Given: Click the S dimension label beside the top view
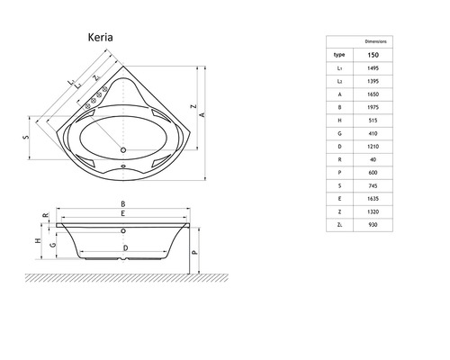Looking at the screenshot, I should pos(26,137).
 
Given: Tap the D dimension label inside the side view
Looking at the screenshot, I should pos(124,247).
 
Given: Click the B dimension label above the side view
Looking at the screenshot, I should pos(123,204).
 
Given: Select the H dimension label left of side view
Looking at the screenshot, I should pos(35,241).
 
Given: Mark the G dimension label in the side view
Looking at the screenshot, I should pos(52,243).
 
